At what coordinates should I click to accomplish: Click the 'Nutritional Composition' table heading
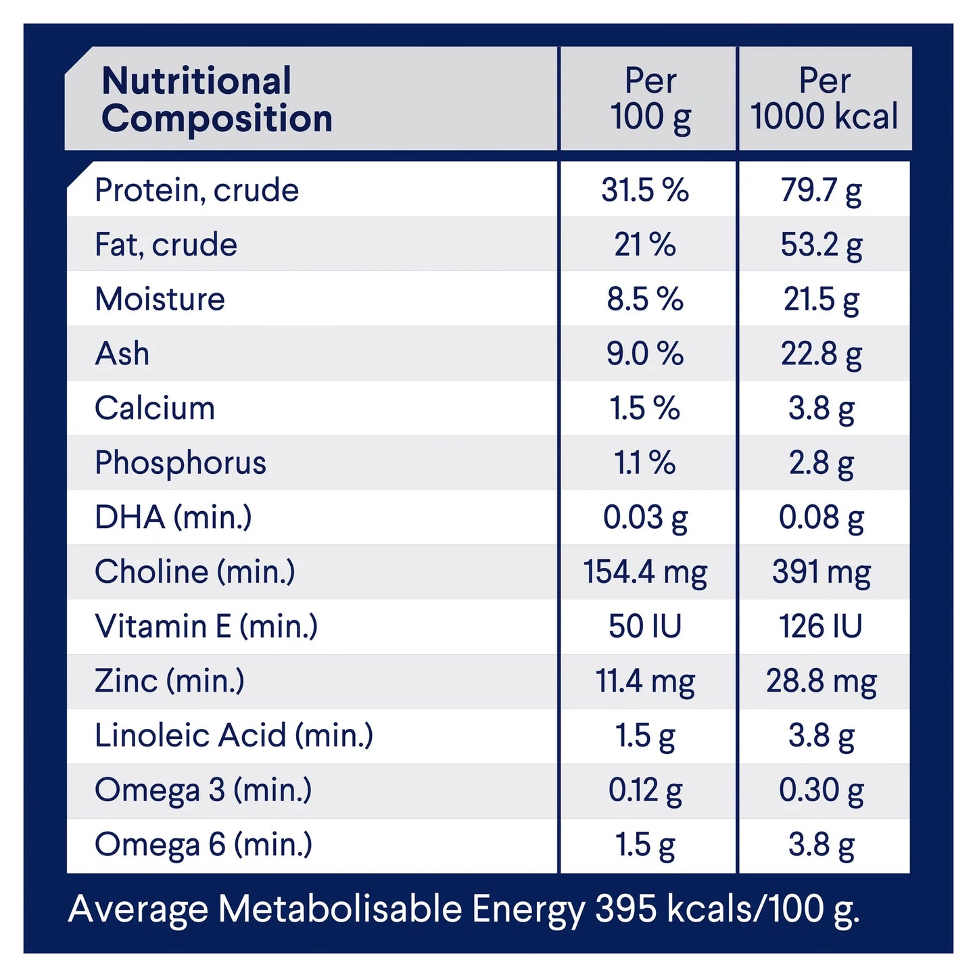point(216,99)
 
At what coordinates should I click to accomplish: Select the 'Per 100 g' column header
point(650,99)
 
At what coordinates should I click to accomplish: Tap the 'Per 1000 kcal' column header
point(824,99)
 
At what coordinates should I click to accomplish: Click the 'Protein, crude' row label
point(197,190)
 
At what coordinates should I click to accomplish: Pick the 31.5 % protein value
point(645,190)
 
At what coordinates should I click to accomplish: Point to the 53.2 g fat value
point(821,245)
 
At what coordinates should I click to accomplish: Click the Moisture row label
point(160,300)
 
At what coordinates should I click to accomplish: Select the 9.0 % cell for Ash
point(645,354)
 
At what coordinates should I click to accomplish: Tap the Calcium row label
point(155,408)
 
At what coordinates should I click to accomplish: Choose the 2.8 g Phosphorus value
point(821,463)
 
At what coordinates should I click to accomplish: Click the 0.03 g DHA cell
point(645,518)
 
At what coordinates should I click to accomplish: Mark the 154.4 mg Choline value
point(645,572)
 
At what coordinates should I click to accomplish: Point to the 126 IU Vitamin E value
point(821,627)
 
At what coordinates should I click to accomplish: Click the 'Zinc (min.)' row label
point(170,681)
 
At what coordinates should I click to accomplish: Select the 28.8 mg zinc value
point(821,681)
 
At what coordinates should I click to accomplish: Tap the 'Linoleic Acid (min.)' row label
point(234,736)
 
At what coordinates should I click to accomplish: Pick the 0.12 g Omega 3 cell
point(645,790)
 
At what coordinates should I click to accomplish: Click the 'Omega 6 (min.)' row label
point(204,845)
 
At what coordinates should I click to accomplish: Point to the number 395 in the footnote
point(625,909)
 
